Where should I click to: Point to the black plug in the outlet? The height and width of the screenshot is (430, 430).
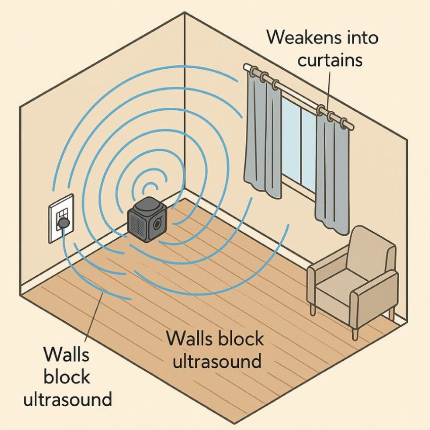click(64, 222)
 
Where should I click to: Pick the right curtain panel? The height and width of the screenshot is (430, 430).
click(332, 172)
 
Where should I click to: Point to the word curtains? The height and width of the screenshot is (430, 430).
click(330, 60)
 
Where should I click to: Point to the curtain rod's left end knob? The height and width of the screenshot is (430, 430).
click(246, 67)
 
